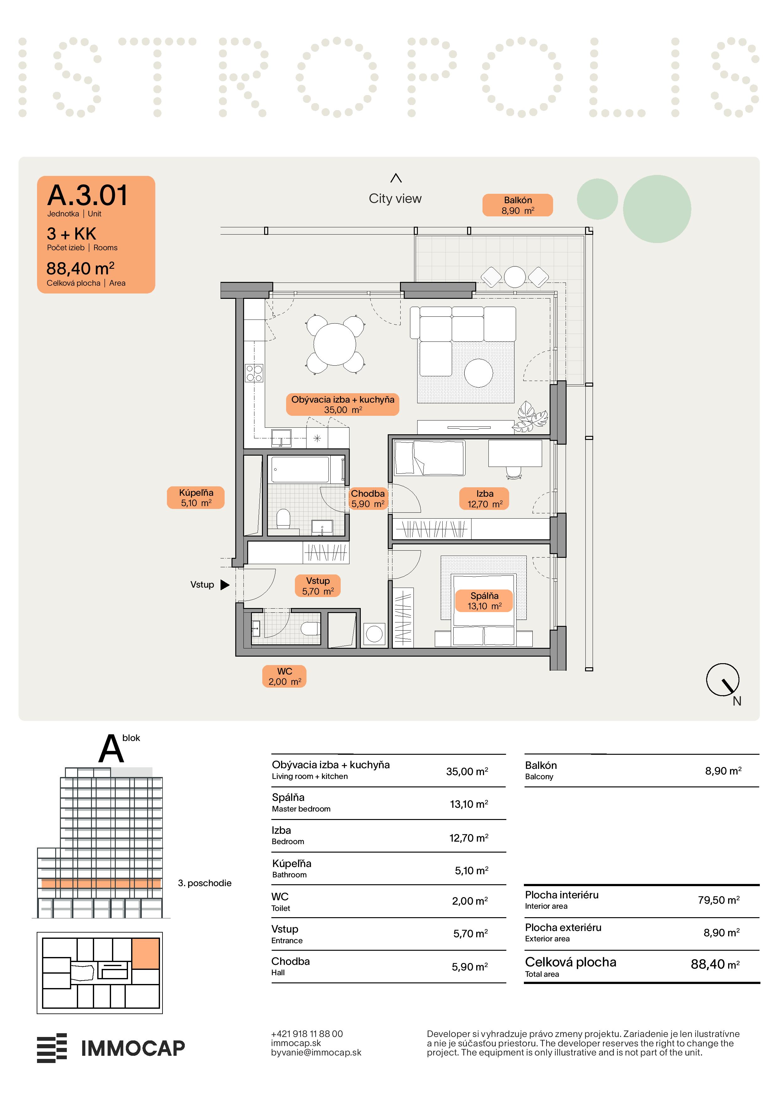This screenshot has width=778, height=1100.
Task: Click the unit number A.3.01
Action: pos(88,195)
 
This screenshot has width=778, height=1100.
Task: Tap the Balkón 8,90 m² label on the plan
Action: pos(517,205)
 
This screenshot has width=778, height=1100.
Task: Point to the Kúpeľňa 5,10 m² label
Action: pos(195,497)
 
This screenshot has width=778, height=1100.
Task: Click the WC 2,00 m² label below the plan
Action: pos(284,676)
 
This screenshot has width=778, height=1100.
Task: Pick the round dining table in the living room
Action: pos(335,344)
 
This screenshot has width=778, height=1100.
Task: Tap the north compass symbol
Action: pos(722,680)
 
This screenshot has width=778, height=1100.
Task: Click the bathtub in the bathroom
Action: pos(300,469)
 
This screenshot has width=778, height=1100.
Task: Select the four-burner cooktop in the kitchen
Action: pos(254,373)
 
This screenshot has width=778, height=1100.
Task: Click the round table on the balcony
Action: pos(515,277)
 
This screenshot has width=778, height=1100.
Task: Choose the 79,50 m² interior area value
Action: pos(719,900)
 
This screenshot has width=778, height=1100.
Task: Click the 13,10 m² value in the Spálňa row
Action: pos(469,804)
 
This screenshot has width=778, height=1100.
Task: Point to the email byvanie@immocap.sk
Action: pos(316,1053)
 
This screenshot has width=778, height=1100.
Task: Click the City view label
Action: pos(395,198)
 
